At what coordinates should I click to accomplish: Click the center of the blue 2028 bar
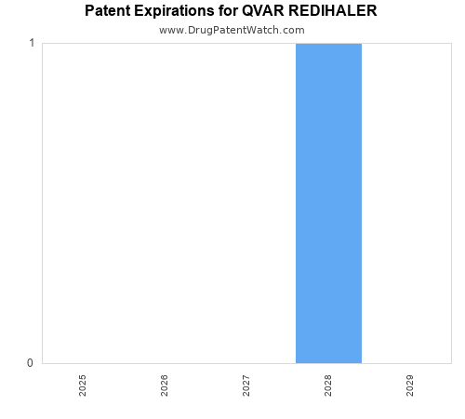pyautogui.click(x=328, y=203)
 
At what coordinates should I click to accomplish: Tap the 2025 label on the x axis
pyautogui.click(x=83, y=385)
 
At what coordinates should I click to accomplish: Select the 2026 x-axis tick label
pyautogui.click(x=165, y=385)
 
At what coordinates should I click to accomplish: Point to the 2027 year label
pyautogui.click(x=246, y=385)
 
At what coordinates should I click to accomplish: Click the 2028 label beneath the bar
pyautogui.click(x=328, y=385)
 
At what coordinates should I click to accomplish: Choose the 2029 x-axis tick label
pyautogui.click(x=410, y=385)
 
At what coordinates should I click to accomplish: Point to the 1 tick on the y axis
pyautogui.click(x=32, y=44)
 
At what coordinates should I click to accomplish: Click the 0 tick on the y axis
pyautogui.click(x=32, y=363)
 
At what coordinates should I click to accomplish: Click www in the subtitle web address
pyautogui.click(x=171, y=30)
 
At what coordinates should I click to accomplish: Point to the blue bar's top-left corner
pyautogui.click(x=297, y=44)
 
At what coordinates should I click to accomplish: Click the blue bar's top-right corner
pyautogui.click(x=361, y=44)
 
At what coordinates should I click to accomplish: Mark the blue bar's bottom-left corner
pyautogui.click(x=297, y=362)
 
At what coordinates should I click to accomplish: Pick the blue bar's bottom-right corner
pyautogui.click(x=361, y=362)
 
